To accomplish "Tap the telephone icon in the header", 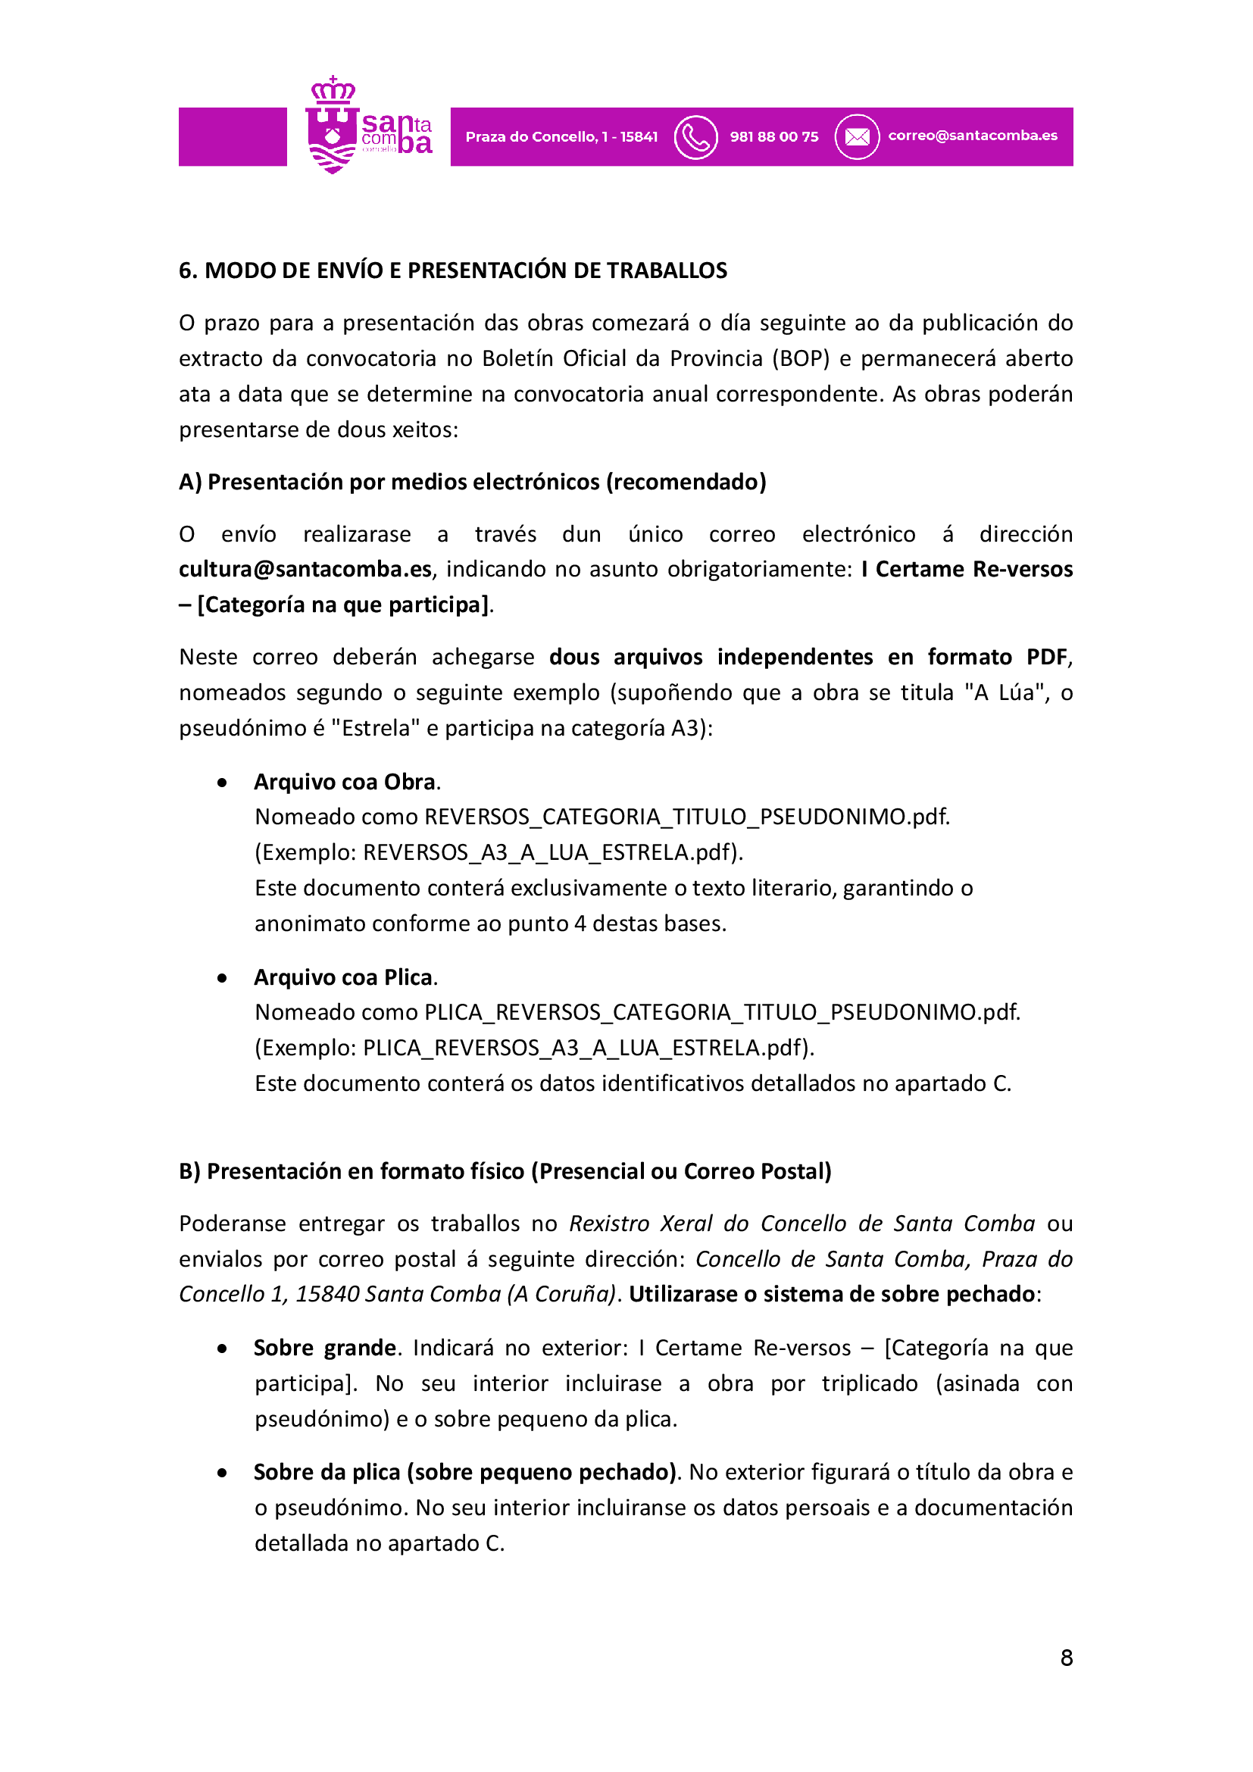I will pyautogui.click(x=695, y=137).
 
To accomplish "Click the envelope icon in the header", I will pyautogui.click(x=857, y=137).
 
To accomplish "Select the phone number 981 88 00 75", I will pyautogui.click(x=774, y=137).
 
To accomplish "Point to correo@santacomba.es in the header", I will pyautogui.click(x=972, y=136).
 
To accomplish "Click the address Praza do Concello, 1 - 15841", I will pyautogui.click(x=561, y=137).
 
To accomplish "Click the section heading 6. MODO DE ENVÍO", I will pyautogui.click(x=452, y=271).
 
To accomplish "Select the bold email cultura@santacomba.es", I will pyautogui.click(x=305, y=570).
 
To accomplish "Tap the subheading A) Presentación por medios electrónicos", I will pyautogui.click(x=472, y=483).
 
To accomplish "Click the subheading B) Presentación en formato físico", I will pyautogui.click(x=505, y=1171).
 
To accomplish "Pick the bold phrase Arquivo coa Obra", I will pyautogui.click(x=345, y=783).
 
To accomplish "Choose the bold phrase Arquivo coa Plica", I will pyautogui.click(x=343, y=978).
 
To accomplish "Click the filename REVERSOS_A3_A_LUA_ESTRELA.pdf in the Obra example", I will pyautogui.click(x=546, y=853).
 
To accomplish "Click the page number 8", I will pyautogui.click(x=1067, y=1658).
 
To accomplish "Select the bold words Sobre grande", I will pyautogui.click(x=325, y=1349).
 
